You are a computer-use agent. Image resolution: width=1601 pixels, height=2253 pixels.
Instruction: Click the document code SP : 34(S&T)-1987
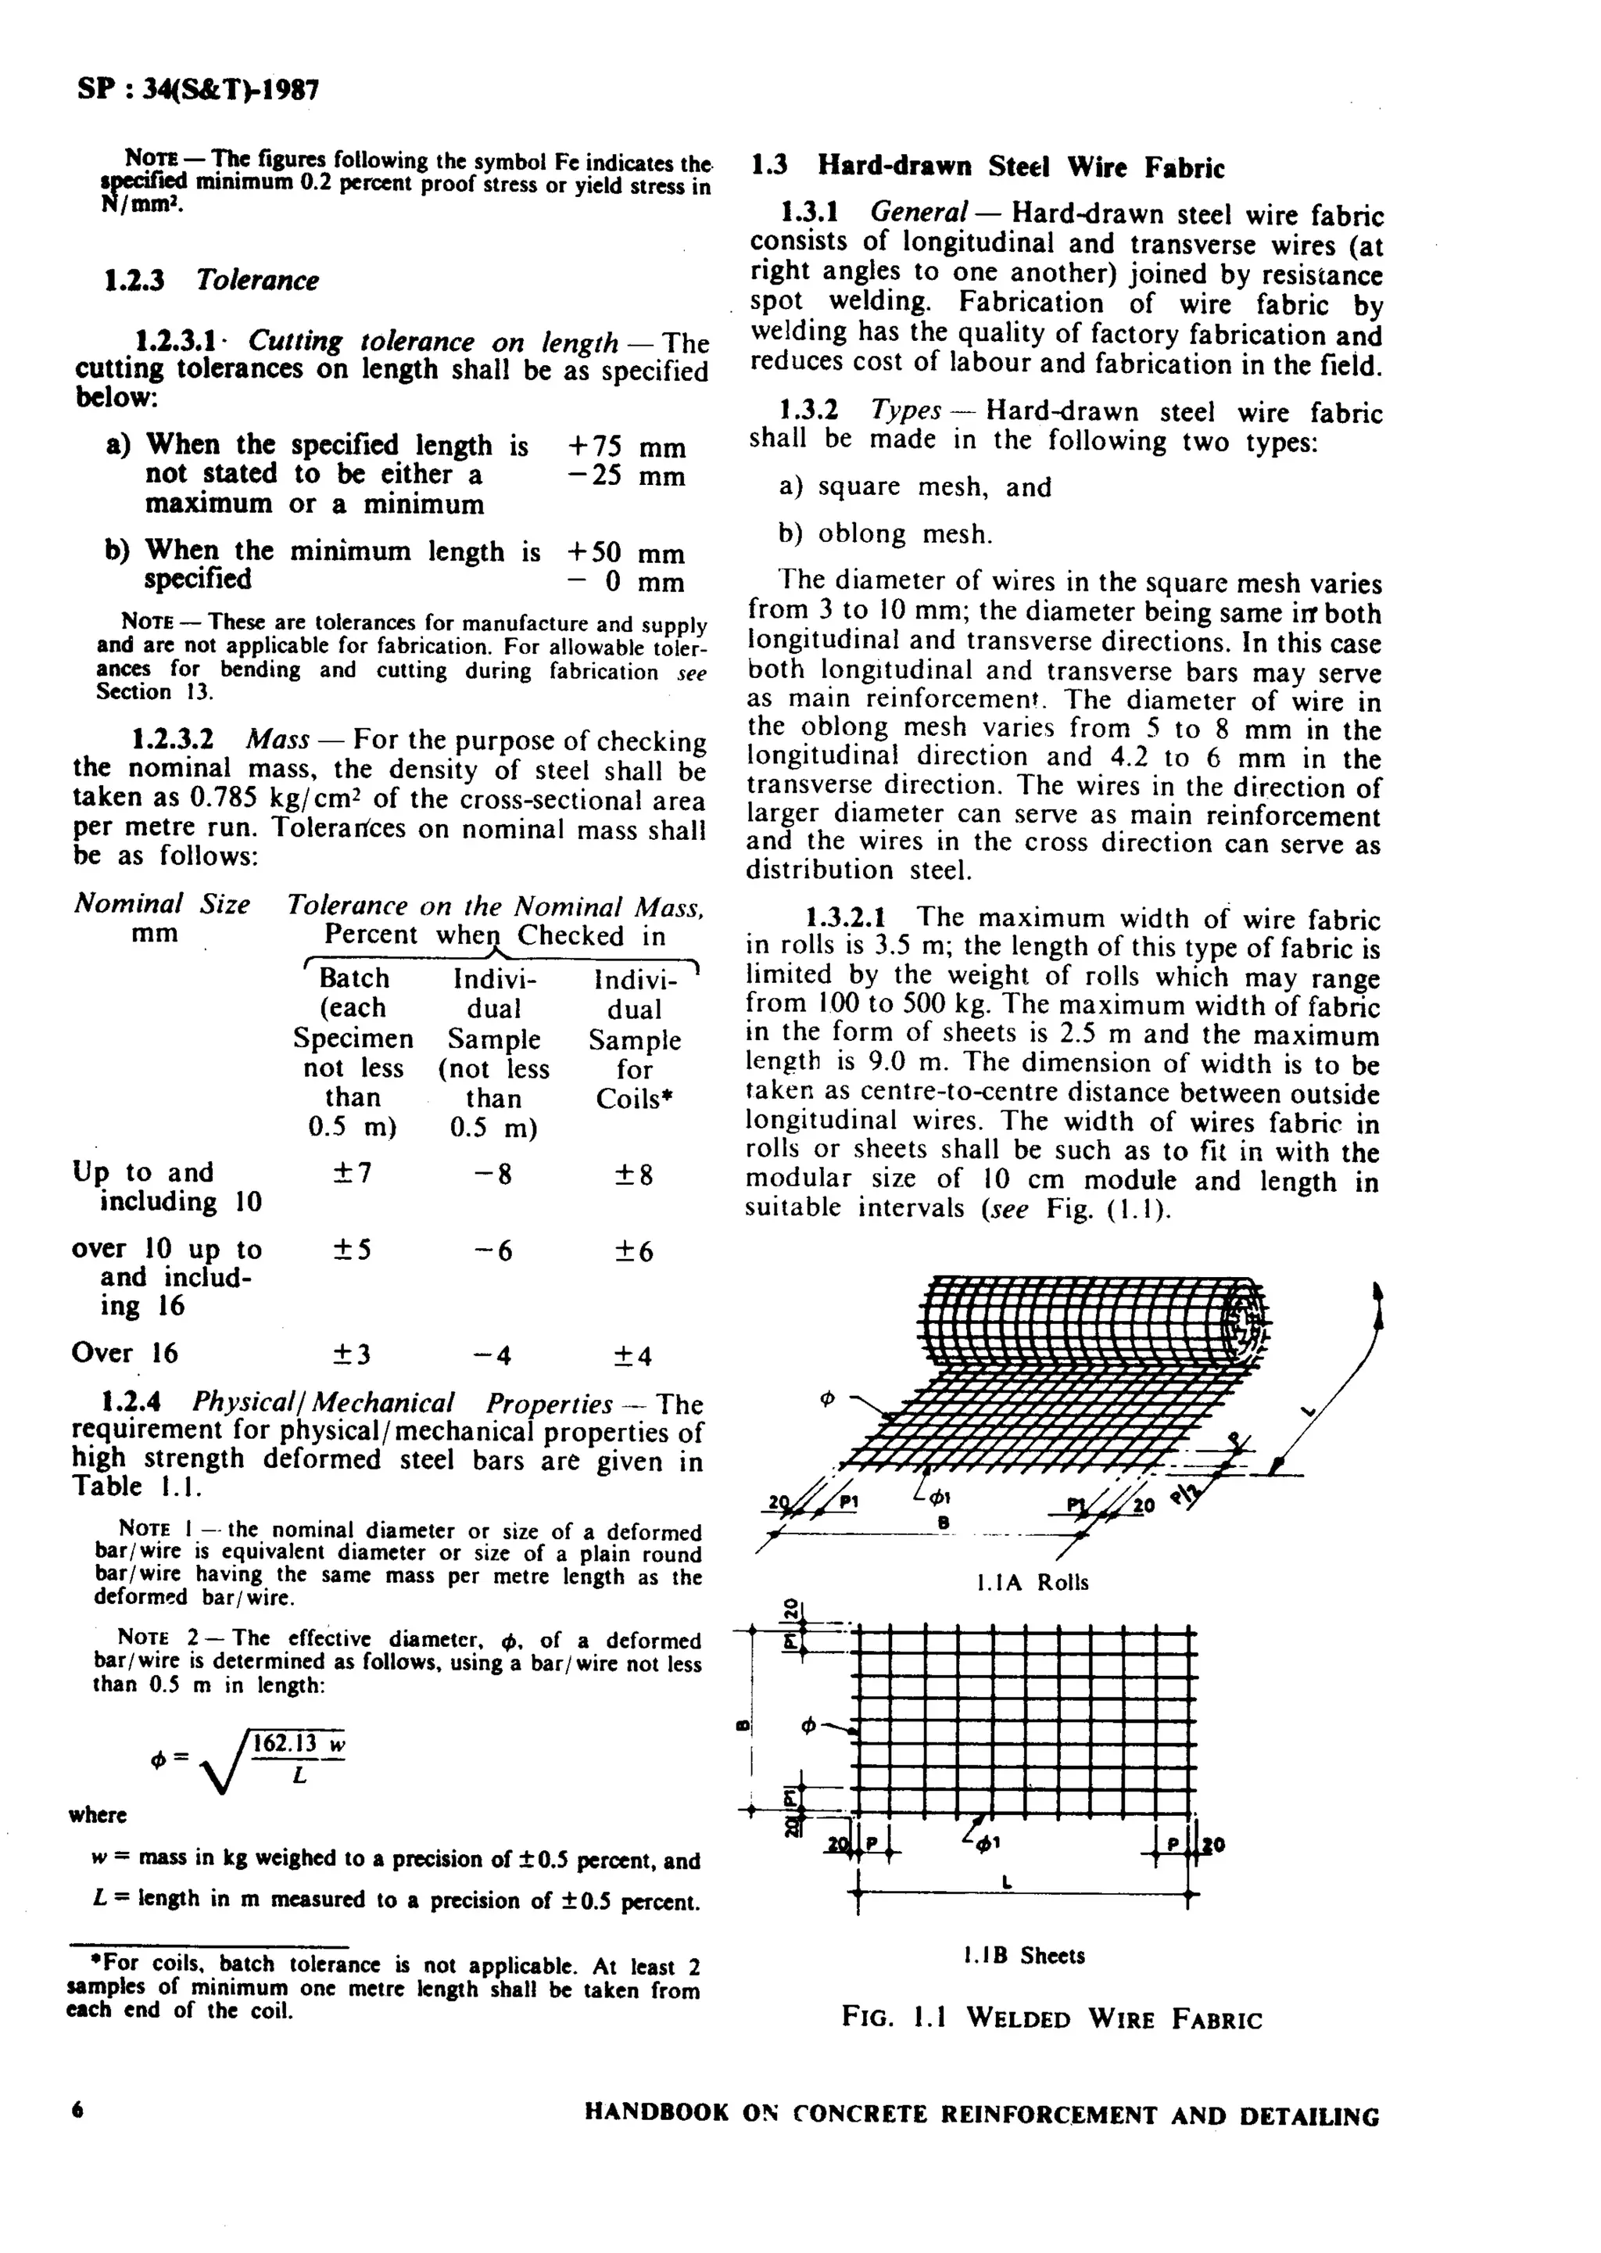197,91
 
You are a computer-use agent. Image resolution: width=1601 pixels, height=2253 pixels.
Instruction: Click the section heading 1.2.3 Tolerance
211,280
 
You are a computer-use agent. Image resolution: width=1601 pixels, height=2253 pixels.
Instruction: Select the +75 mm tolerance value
626,447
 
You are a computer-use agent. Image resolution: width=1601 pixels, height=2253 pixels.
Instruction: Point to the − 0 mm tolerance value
626,583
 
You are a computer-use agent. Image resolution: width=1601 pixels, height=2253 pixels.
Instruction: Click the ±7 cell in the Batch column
352,1173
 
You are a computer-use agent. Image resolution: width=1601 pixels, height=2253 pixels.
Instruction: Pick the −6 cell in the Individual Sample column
493,1250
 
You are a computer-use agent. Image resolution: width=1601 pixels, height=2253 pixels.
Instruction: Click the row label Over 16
124,1353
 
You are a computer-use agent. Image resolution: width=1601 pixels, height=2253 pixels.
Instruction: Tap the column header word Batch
354,978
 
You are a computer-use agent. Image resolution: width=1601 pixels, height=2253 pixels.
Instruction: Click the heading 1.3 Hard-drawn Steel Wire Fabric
987,167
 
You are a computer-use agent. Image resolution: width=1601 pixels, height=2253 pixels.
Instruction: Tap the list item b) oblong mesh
884,534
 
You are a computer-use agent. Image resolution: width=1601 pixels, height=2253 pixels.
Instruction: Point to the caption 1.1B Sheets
1023,1955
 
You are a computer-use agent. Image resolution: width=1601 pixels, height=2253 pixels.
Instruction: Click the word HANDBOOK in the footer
657,2113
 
